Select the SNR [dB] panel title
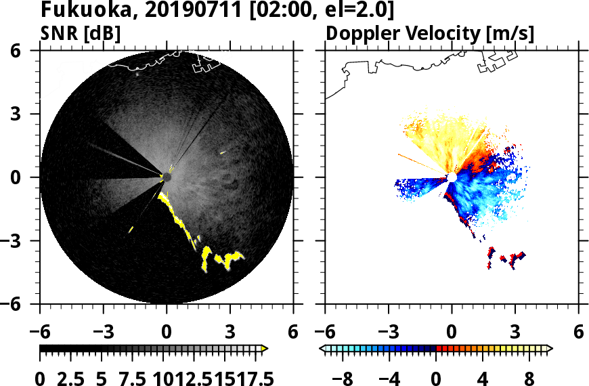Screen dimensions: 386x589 click(x=80, y=33)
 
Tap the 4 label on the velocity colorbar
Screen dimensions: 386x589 click(x=483, y=378)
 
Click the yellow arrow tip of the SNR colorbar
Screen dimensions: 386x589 click(x=265, y=349)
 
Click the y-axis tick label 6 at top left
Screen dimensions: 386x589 click(x=20, y=51)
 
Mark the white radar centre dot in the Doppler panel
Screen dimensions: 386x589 click(x=452, y=177)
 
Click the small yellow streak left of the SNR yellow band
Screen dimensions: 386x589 click(x=131, y=230)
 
